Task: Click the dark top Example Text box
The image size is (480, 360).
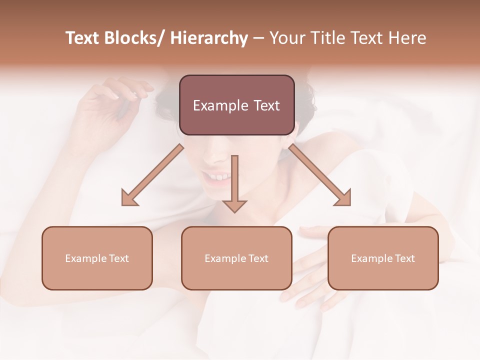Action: coord(236,105)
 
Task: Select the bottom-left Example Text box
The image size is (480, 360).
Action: coord(97,258)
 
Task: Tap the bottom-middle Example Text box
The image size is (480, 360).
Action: coord(236,258)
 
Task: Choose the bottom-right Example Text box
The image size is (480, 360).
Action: coord(383,258)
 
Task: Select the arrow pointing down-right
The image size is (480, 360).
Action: coord(320,175)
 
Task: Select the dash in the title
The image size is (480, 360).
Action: coord(258,38)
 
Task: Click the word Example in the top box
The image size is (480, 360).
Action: coord(217,105)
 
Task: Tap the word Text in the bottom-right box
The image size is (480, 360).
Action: coord(404,258)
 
